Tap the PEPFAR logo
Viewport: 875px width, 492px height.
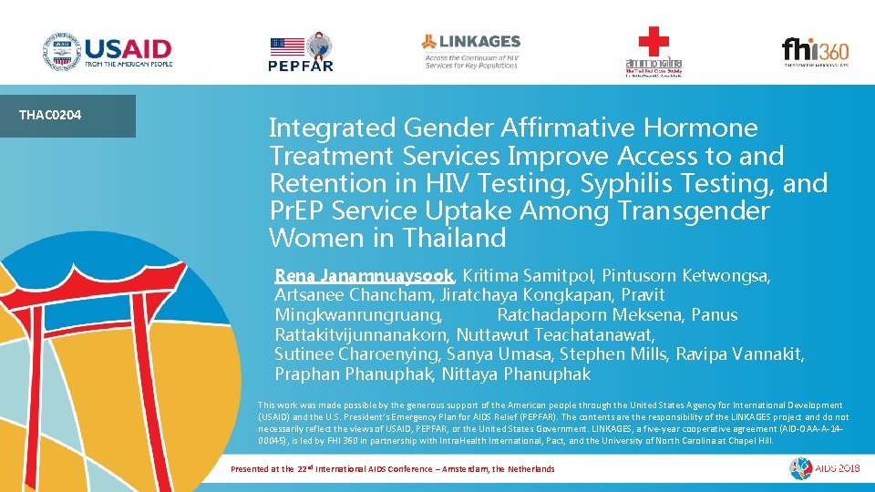[x=300, y=52]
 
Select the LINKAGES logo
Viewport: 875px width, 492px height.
[x=470, y=51]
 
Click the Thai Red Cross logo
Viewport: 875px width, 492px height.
[x=654, y=52]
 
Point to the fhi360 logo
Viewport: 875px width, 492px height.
[x=814, y=51]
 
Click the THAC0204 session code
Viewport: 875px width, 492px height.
[x=51, y=115]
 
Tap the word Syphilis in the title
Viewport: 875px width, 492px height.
[x=615, y=183]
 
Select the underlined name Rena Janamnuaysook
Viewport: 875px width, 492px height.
[x=365, y=275]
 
